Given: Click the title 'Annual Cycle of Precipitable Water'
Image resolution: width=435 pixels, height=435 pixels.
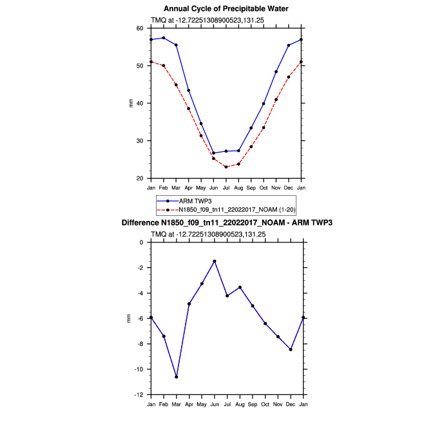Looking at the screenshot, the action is pos(226,9).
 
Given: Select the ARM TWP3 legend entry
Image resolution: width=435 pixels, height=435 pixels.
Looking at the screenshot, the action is pos(184,201).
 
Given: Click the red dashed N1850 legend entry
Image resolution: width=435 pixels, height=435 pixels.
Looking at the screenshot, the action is pos(226,209).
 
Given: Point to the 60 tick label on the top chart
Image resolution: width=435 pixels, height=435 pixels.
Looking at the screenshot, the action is pos(140,28).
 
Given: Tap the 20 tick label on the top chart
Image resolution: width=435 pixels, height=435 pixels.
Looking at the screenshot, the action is pos(140,179).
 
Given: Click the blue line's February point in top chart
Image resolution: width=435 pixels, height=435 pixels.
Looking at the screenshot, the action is pos(164,38).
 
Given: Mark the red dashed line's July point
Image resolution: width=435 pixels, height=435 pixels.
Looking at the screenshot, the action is pos(226,167).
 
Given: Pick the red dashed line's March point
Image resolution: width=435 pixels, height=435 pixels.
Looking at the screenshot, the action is pos(176,85).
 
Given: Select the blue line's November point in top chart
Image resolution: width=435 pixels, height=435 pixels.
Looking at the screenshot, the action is pos(276,72).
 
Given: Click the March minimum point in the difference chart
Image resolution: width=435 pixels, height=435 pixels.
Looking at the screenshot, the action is pos(177,377).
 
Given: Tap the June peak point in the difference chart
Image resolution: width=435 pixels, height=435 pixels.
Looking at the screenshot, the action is pos(215,262).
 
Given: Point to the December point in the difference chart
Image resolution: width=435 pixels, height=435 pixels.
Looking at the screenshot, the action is pos(291,349).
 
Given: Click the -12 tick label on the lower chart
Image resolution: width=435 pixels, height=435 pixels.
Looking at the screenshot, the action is pos(139,395).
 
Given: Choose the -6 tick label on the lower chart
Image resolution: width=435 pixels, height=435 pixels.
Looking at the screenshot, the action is pos(140,318).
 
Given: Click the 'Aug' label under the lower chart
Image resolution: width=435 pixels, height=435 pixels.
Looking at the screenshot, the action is pos(240,405).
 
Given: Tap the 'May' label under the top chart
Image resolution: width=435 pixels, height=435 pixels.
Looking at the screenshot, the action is pos(201,188).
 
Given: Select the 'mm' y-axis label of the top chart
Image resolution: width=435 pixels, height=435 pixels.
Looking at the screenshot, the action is pos(131,103).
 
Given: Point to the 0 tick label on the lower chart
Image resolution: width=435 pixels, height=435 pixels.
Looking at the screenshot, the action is pos(142,243).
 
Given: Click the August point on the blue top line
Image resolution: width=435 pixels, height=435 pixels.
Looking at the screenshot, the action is pos(238,151).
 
